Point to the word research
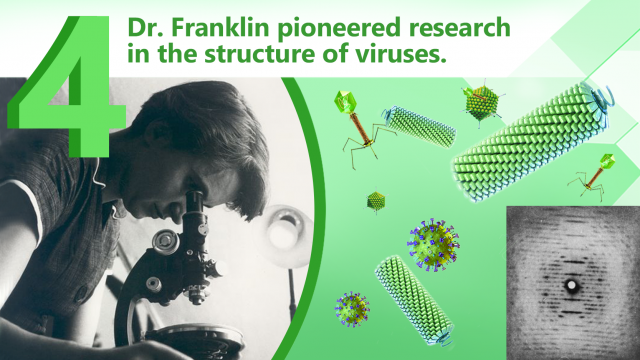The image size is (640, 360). pos(446,27)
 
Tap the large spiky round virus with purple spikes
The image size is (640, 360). pos(433,243)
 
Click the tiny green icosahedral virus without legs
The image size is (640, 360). pos(376,201)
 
